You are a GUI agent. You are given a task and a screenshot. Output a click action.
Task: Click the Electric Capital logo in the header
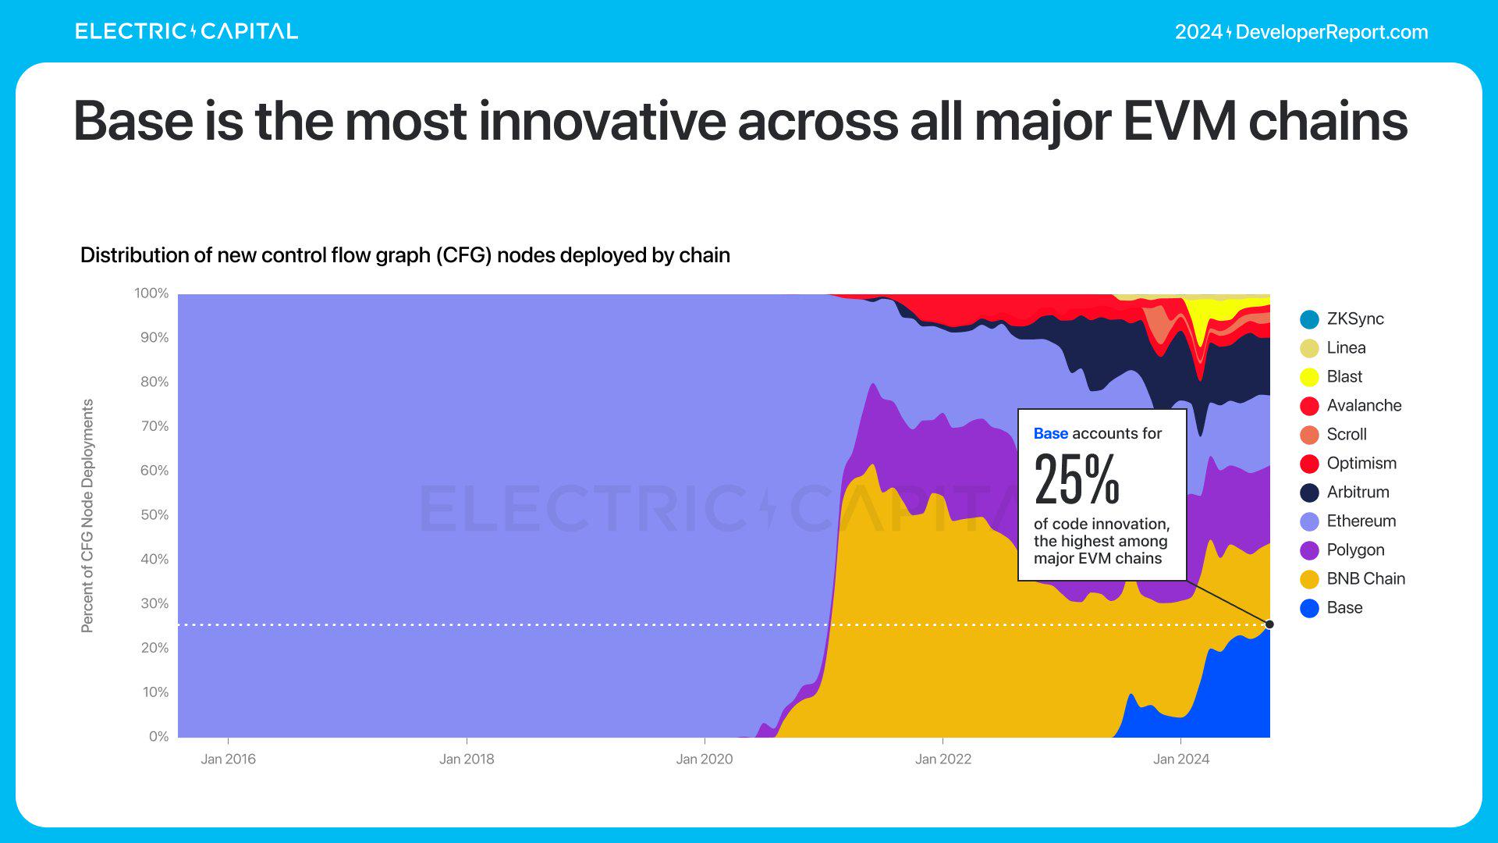point(186,31)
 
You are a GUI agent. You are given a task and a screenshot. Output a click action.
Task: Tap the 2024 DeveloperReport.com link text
point(1301,32)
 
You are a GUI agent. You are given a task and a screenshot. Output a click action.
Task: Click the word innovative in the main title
point(602,122)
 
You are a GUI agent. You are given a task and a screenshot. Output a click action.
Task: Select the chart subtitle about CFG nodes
point(405,255)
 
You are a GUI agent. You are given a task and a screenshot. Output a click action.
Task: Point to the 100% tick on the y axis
point(151,293)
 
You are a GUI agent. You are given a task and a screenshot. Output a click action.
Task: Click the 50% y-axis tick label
point(153,515)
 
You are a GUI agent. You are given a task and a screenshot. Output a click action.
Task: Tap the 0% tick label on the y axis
point(158,737)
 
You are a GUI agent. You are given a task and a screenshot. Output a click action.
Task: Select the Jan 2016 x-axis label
point(228,759)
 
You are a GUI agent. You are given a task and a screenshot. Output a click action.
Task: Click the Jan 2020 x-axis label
point(705,759)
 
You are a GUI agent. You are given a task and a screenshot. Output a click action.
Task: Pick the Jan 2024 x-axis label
point(1181,759)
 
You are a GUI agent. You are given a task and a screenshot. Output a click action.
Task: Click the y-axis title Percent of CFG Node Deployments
point(87,516)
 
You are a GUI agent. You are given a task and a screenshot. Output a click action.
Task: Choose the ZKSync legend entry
point(1354,318)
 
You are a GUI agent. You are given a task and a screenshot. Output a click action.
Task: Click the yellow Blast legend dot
point(1309,377)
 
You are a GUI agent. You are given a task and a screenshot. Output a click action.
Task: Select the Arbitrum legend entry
point(1358,492)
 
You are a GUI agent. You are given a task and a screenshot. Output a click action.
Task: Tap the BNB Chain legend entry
point(1365,578)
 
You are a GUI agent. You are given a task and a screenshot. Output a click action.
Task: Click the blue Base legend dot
point(1309,608)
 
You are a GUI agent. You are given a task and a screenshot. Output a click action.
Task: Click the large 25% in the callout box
point(1077,479)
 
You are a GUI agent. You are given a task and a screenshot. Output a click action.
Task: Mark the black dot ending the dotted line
point(1269,624)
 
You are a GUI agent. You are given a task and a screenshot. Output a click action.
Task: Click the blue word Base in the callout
point(1050,433)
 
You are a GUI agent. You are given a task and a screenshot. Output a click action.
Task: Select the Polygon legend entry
point(1355,550)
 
